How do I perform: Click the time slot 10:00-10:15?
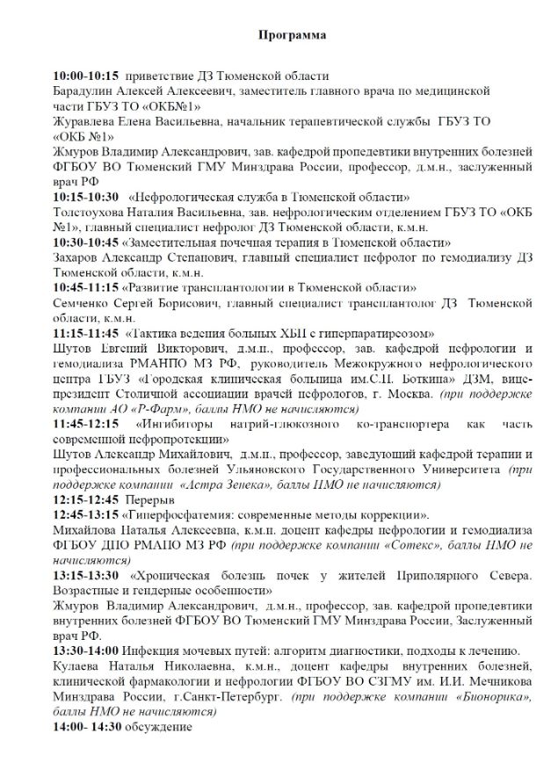tap(86, 76)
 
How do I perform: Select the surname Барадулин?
tap(86, 91)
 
